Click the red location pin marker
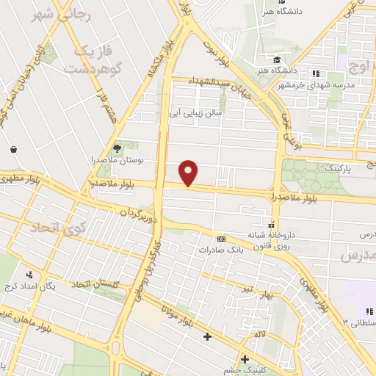189,173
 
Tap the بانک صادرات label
220,249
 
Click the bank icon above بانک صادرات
221,239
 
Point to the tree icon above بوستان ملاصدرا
117,147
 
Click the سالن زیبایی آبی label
196,113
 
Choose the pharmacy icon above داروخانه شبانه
272,225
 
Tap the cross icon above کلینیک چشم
245,359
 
